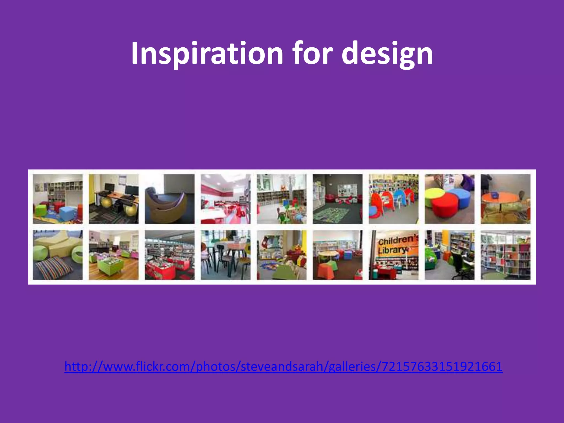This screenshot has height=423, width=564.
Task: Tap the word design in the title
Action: [x=387, y=54]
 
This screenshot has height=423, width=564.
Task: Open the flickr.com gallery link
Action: [x=283, y=367]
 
